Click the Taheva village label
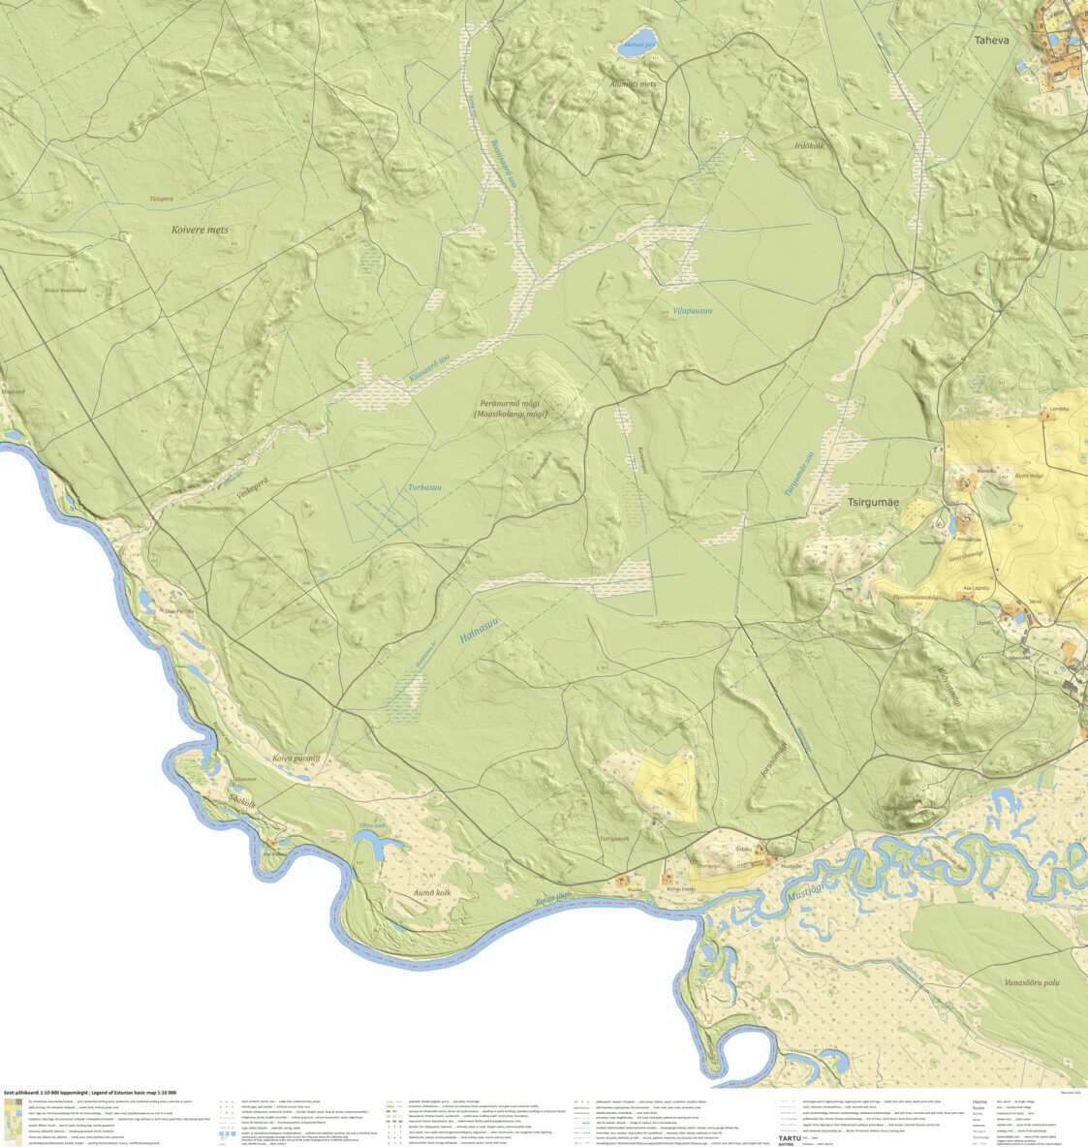point(991,41)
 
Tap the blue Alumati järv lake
point(636,46)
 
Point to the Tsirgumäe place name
point(873,503)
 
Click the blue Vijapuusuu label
point(692,311)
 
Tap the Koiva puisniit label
point(295,759)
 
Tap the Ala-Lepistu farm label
point(978,588)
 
